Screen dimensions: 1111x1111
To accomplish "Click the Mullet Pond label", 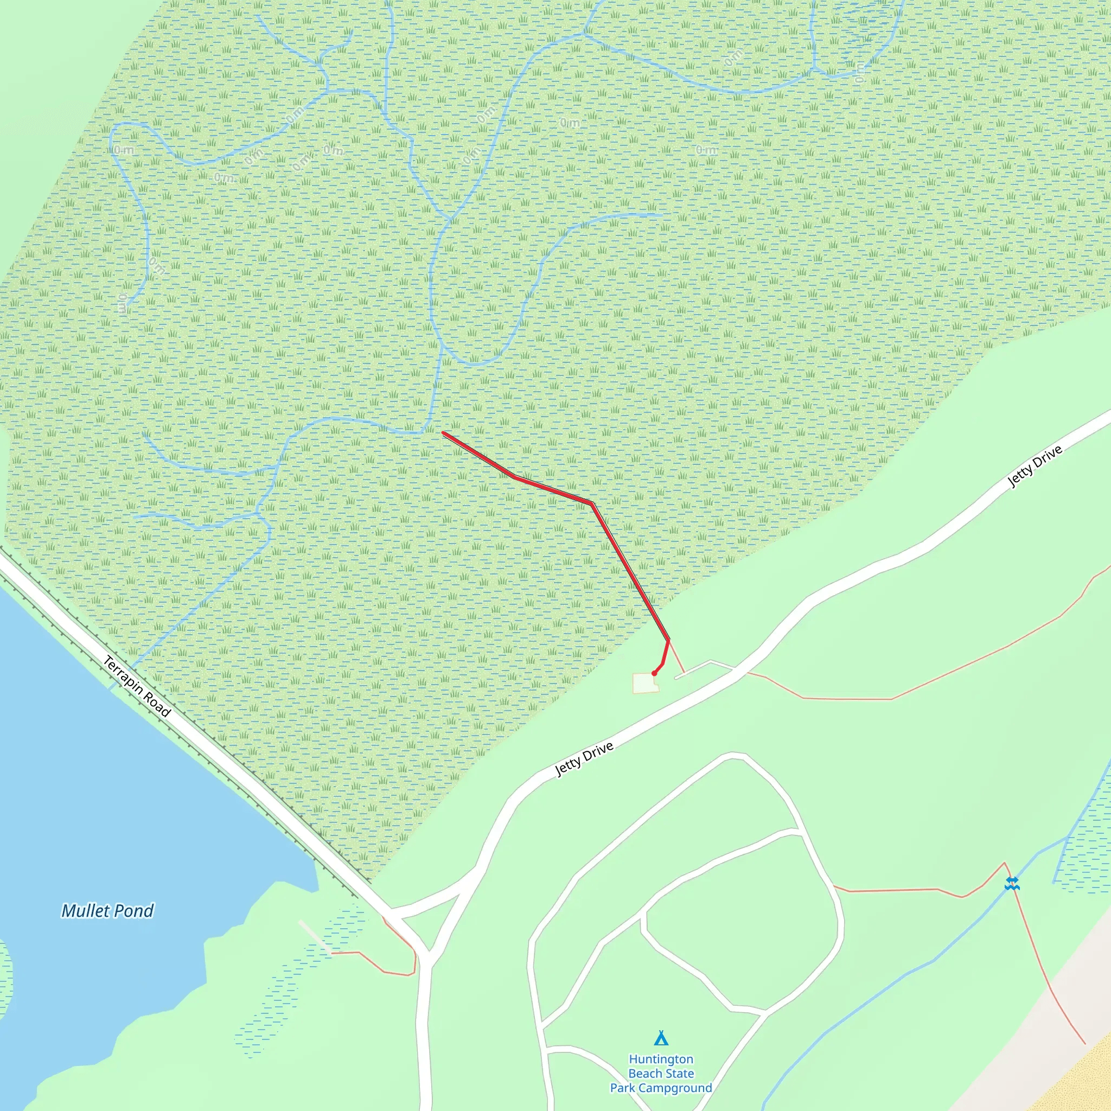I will point(107,910).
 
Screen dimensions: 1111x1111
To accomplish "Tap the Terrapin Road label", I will point(137,687).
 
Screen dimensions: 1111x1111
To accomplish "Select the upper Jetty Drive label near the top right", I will point(1035,467).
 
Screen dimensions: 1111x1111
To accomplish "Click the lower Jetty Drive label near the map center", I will point(584,759).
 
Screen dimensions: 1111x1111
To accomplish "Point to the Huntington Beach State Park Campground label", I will point(661,1073).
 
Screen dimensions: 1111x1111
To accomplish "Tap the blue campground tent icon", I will point(661,1038).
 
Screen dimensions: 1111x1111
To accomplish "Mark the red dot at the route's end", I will point(654,673).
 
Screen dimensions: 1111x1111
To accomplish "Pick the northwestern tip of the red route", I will point(443,433).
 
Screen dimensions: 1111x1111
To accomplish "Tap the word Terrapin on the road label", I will point(123,673).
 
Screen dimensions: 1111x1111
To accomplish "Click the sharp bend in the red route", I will point(591,504).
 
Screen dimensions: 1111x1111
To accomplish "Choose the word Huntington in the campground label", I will point(661,1059).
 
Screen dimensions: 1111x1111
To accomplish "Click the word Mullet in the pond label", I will point(85,910).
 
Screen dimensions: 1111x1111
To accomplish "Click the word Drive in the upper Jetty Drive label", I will point(1048,458).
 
